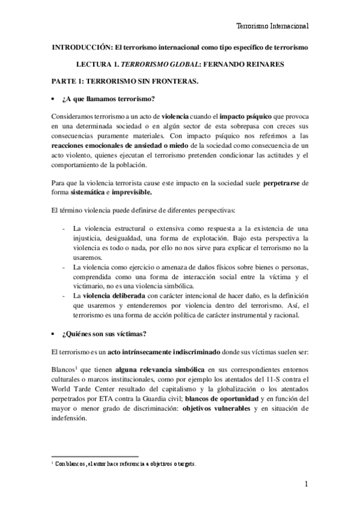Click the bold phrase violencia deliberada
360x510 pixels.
pos(117,295)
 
